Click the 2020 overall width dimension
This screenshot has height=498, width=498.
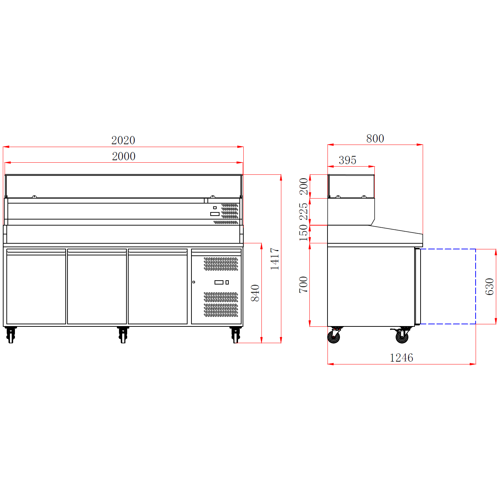(x=123, y=140)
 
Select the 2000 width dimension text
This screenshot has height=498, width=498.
(x=124, y=156)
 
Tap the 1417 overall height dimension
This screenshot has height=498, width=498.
(x=275, y=259)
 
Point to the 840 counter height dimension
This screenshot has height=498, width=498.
(x=255, y=293)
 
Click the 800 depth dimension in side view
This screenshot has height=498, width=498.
(x=375, y=139)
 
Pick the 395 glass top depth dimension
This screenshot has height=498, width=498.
(x=348, y=160)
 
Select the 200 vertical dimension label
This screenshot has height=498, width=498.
(x=304, y=186)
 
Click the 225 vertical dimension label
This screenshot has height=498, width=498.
(x=304, y=211)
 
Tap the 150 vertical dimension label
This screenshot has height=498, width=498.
(x=304, y=233)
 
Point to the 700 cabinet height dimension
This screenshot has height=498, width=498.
(x=304, y=285)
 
